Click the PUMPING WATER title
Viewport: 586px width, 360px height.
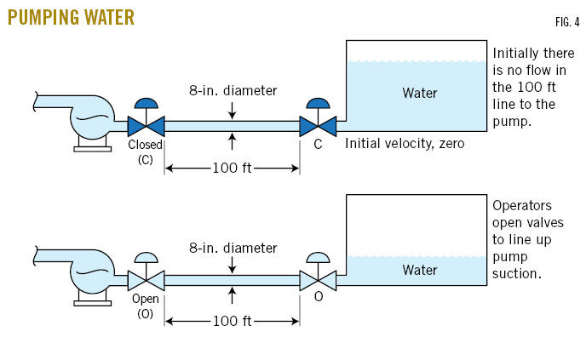click(71, 17)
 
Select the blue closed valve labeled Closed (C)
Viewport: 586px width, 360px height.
click(146, 126)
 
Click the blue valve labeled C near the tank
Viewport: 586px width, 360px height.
click(318, 126)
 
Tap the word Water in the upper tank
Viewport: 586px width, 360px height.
click(419, 92)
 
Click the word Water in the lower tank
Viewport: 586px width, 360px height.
click(419, 270)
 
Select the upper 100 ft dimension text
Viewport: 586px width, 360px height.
click(232, 168)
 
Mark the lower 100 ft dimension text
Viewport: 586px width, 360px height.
click(232, 321)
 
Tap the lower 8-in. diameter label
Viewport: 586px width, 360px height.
click(233, 248)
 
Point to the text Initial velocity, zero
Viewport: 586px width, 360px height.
click(405, 144)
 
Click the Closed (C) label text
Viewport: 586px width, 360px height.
click(145, 151)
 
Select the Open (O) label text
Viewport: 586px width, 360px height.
click(145, 306)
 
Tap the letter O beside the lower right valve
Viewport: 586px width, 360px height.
click(318, 298)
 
